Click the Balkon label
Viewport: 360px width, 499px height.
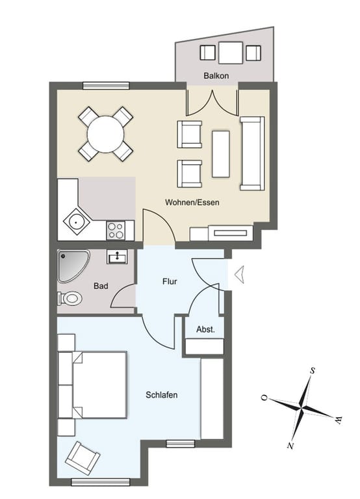216,76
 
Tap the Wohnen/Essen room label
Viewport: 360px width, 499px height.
192,202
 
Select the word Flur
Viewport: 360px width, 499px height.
170,281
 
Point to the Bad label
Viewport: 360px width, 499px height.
101,286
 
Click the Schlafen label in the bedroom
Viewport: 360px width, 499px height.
161,395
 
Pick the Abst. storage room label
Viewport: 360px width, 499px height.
205,329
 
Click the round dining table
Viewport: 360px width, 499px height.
105,134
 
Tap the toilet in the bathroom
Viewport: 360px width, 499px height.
70,298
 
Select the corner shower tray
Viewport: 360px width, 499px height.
73,266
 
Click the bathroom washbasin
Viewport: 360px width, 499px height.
117,257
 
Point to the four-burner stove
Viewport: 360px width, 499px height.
116,231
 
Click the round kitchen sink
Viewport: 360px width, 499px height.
76,221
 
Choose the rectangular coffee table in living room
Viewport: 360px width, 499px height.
220,154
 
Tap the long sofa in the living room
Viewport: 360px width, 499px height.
252,153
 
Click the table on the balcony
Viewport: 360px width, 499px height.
231,53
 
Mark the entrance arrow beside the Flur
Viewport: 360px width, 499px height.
239,274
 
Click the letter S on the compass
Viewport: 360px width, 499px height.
313,371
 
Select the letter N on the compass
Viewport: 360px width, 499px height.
290,446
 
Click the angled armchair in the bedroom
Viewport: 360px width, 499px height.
83,458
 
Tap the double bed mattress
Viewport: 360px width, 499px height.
99,385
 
